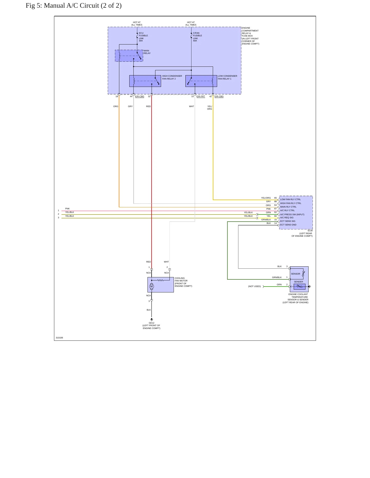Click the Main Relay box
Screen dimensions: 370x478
coord(129,56)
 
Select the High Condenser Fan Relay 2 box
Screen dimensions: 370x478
coord(145,81)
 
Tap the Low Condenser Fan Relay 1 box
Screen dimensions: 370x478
coord(201,81)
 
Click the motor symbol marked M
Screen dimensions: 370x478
coord(152,287)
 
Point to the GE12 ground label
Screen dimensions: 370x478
coord(152,323)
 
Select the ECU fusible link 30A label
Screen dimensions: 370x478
coord(143,37)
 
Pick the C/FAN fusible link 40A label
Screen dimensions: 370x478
coord(197,37)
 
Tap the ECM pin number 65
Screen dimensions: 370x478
coord(276,198)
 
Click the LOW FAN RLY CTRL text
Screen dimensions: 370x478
coord(290,199)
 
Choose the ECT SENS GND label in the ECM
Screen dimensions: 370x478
coord(288,225)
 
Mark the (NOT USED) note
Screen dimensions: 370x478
coord(255,286)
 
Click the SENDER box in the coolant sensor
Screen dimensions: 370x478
coord(300,287)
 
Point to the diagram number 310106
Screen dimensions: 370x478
coord(59,338)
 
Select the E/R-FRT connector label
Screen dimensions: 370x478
coord(201,96)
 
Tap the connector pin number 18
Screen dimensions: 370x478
coord(117,96)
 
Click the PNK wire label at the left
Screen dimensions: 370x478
coord(67,209)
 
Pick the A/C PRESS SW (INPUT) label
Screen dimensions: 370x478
coord(292,214)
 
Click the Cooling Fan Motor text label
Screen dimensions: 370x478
coord(183,282)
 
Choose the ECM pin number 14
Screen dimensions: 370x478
coord(276,223)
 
